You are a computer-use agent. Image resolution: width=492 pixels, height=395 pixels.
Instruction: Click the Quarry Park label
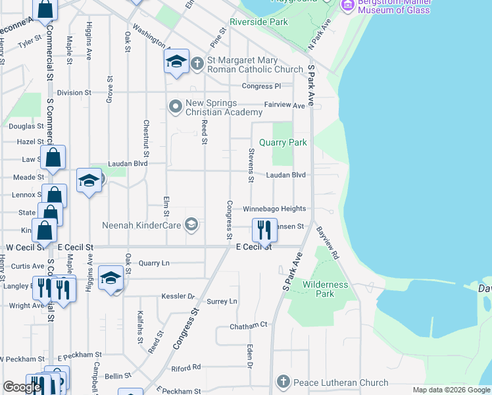tap(283, 142)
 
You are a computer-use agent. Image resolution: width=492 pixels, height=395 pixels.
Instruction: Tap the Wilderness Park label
tap(325, 289)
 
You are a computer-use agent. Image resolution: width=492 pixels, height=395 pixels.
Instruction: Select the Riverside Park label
tap(258, 22)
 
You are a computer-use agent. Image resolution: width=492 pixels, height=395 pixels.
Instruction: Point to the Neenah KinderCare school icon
tap(191, 225)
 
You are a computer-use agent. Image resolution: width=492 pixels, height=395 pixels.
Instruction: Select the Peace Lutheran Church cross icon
tap(283, 382)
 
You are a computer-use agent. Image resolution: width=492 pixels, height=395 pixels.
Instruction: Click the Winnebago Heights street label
tap(274, 209)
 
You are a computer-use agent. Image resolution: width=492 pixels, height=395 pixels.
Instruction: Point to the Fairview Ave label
tap(284, 105)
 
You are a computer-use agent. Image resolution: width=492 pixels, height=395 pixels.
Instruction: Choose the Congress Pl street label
tap(261, 86)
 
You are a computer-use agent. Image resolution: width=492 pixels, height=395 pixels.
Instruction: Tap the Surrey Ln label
tap(222, 302)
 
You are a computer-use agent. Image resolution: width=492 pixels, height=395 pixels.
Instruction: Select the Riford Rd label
tap(185, 367)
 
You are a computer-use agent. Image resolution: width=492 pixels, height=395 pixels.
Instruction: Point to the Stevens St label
tap(251, 165)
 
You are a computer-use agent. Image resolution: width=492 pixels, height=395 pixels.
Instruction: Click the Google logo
tap(22, 386)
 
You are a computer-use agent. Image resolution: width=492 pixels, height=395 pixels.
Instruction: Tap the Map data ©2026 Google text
tap(451, 390)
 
